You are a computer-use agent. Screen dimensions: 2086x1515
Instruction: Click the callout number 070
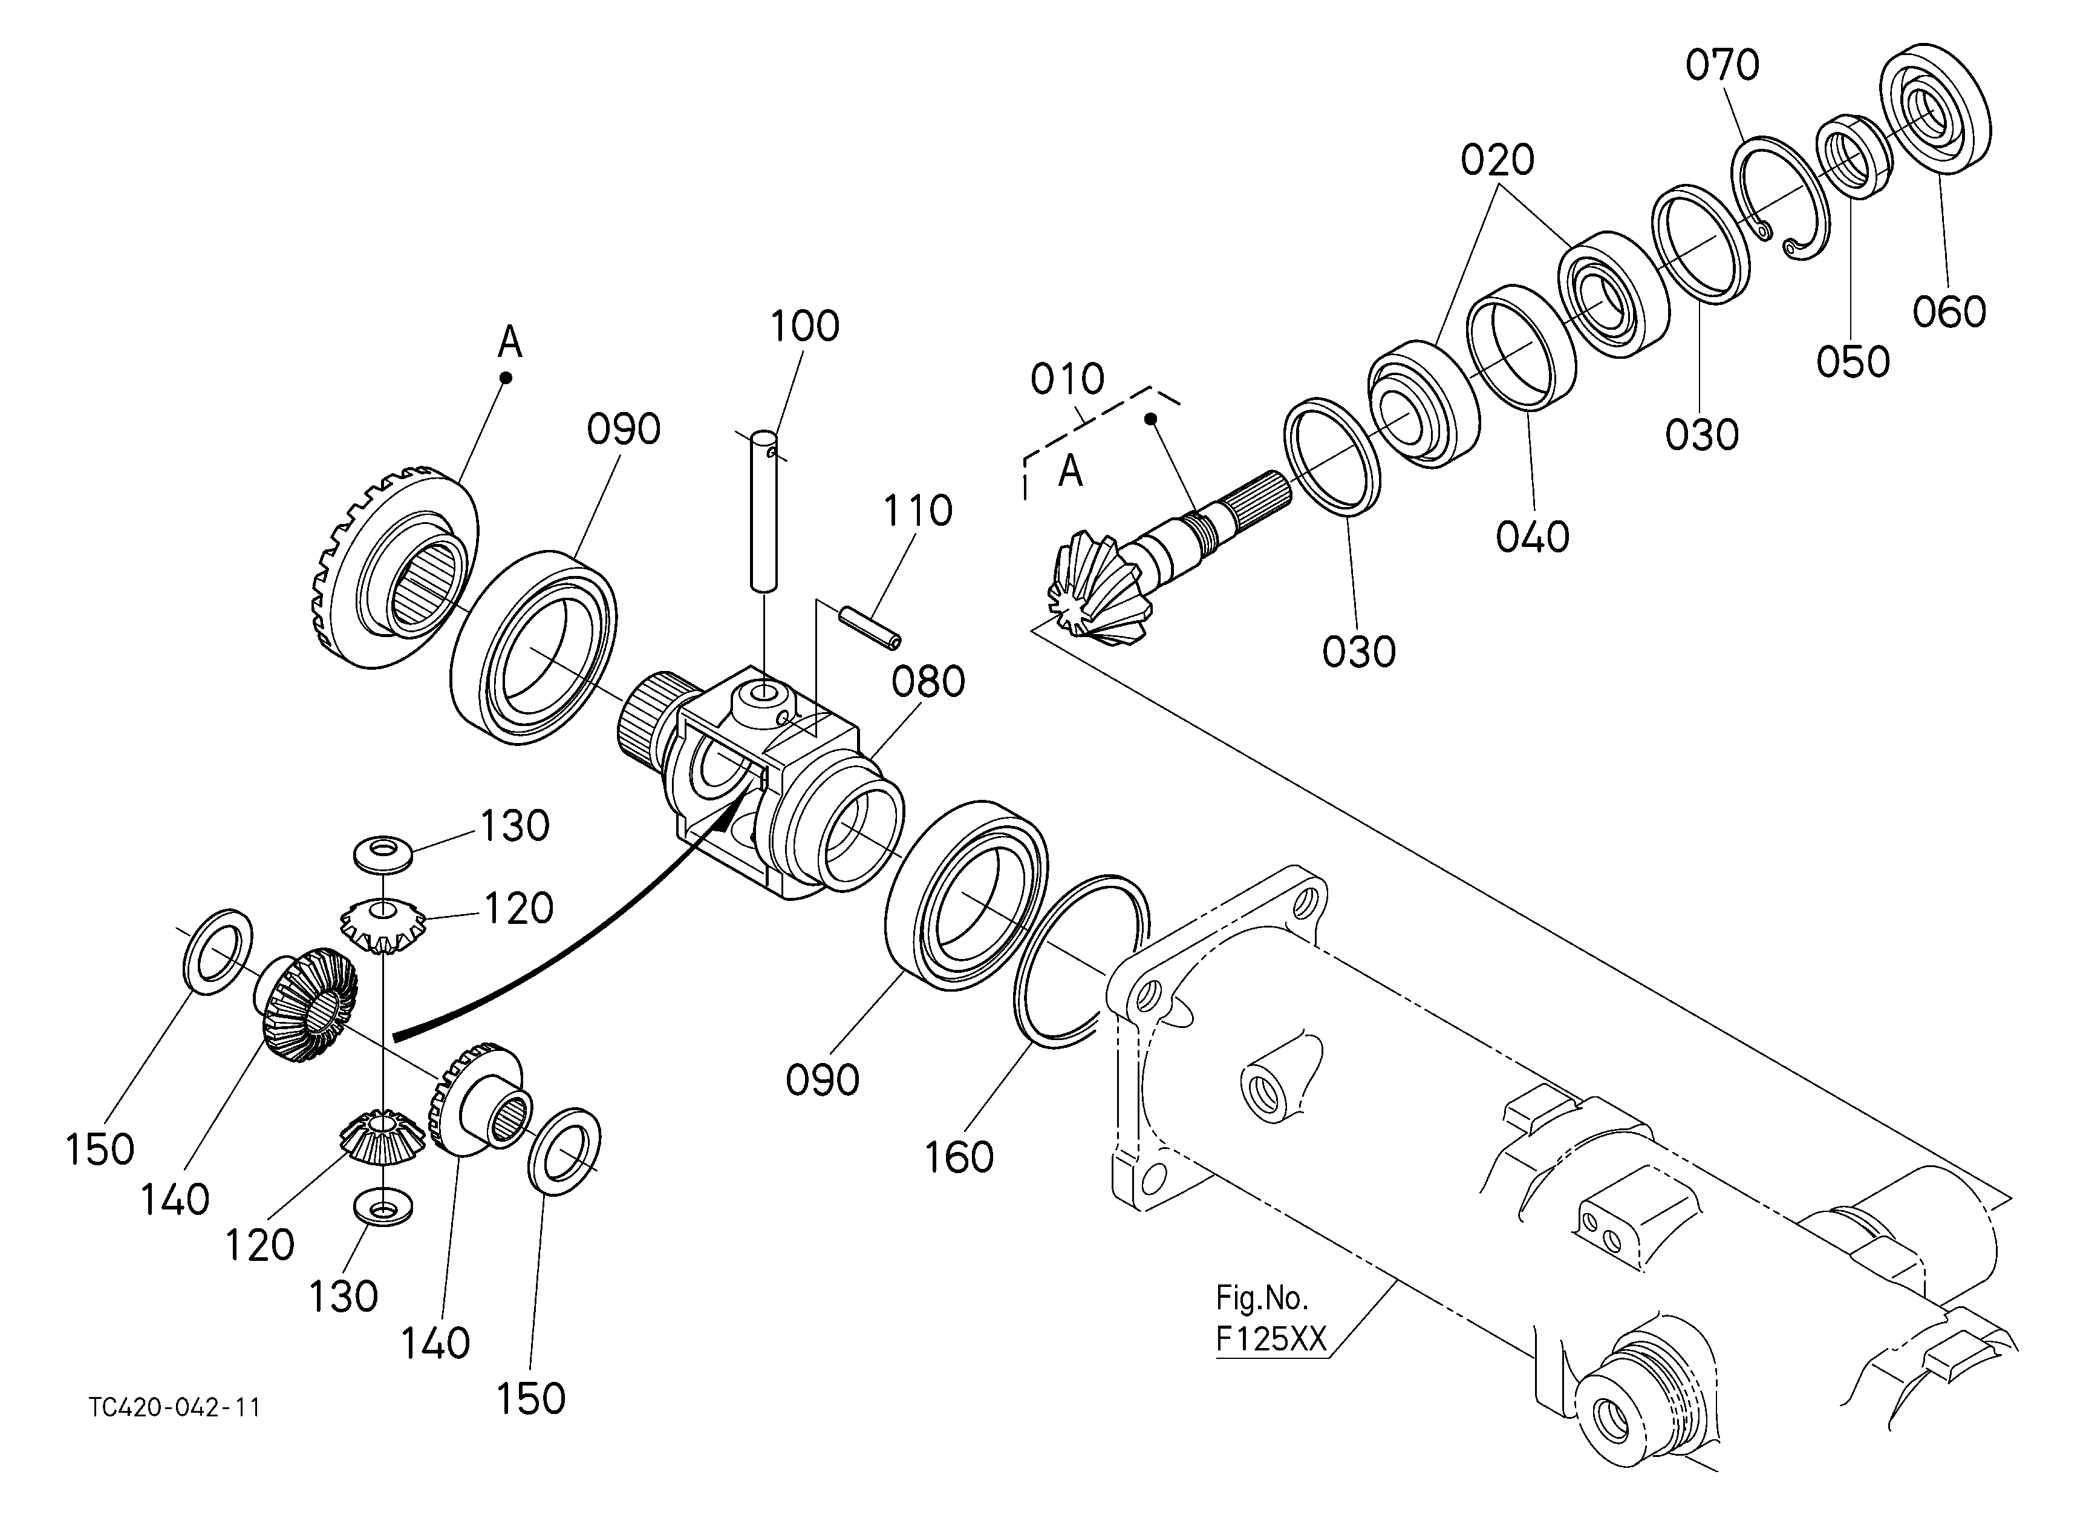(x=1722, y=65)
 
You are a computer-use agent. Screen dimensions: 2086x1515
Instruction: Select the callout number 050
(x=1853, y=361)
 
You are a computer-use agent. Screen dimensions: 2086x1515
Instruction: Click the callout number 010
(x=1067, y=379)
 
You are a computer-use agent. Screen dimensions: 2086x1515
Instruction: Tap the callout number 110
(x=918, y=511)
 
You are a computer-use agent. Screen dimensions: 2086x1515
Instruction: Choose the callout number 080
(x=928, y=682)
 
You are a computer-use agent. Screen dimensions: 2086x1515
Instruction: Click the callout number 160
(x=959, y=1157)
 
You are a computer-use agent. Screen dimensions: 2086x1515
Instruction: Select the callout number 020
(x=1498, y=161)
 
